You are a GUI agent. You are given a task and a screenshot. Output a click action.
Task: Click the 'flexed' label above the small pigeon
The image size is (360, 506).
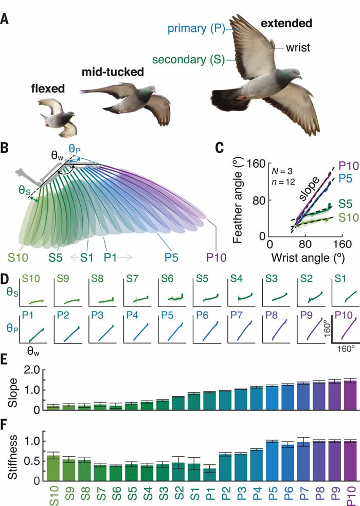tap(47, 88)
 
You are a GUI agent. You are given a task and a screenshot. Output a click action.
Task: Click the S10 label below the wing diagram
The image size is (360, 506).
tap(19, 256)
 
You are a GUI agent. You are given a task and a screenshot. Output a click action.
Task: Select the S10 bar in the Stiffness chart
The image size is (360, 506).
tap(53, 467)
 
